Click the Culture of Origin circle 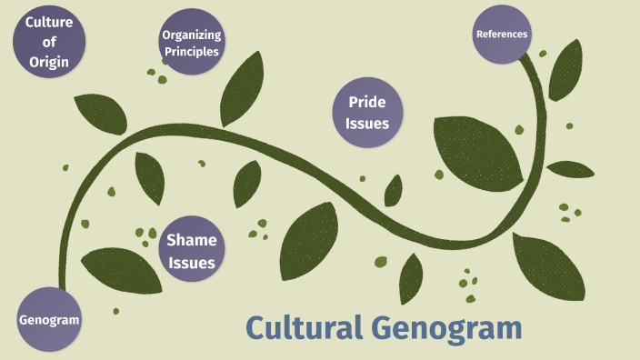pyautogui.click(x=49, y=41)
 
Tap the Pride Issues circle pyautogui.click(x=367, y=113)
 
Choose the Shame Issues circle pyautogui.click(x=191, y=252)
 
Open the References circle pyautogui.click(x=502, y=35)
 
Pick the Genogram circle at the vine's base pyautogui.click(x=49, y=320)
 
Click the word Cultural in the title pyautogui.click(x=304, y=328)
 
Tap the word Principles pyautogui.click(x=191, y=52)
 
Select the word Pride pyautogui.click(x=367, y=102)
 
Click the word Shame pyautogui.click(x=191, y=241)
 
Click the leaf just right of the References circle pyautogui.click(x=565, y=70)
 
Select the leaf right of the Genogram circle pyautogui.click(x=115, y=270)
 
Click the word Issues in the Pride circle pyautogui.click(x=367, y=125)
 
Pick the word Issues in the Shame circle pyautogui.click(x=191, y=264)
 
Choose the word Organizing pyautogui.click(x=191, y=35)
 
